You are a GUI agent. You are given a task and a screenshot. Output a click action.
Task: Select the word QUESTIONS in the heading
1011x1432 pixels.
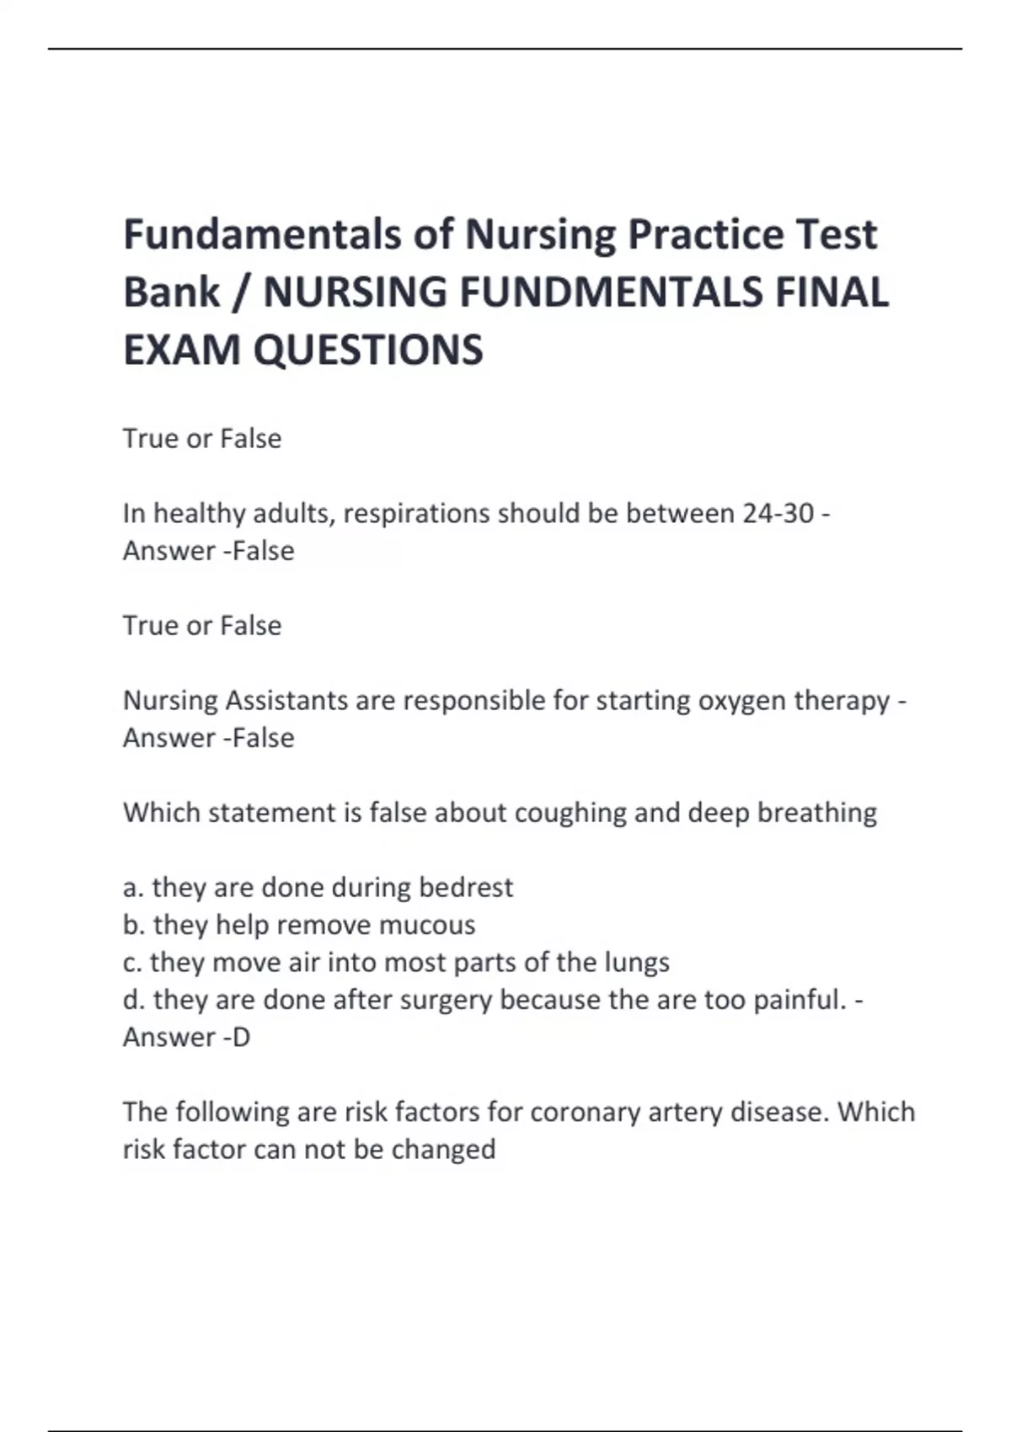pos(368,350)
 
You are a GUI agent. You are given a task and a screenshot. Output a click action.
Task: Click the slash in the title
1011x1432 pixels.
pos(242,292)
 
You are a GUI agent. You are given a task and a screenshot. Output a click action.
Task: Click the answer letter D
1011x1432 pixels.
pos(241,1037)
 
